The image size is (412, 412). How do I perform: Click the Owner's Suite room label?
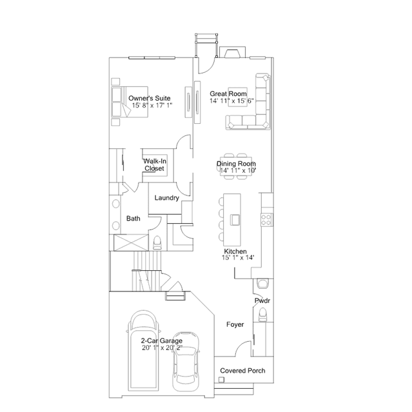[149, 98]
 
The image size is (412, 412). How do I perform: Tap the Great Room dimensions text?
[231, 101]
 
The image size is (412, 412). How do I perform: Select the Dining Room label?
[236, 164]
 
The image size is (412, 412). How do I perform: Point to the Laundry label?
[166, 198]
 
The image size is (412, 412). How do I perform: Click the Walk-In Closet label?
[155, 165]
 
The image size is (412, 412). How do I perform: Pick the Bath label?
[133, 219]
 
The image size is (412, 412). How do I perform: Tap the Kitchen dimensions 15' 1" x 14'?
[238, 257]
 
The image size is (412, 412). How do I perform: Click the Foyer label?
[235, 324]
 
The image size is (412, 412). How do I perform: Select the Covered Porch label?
[242, 371]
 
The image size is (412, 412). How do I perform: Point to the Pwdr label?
[262, 300]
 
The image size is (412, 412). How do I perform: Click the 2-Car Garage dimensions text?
[162, 348]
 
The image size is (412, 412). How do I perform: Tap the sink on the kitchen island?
[235, 220]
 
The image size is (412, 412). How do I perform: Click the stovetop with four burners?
[266, 220]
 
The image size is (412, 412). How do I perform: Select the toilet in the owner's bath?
[157, 242]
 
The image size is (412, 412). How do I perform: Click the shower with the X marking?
[131, 243]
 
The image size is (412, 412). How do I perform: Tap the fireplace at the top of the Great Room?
[232, 52]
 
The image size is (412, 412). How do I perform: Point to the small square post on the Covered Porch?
[222, 380]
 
